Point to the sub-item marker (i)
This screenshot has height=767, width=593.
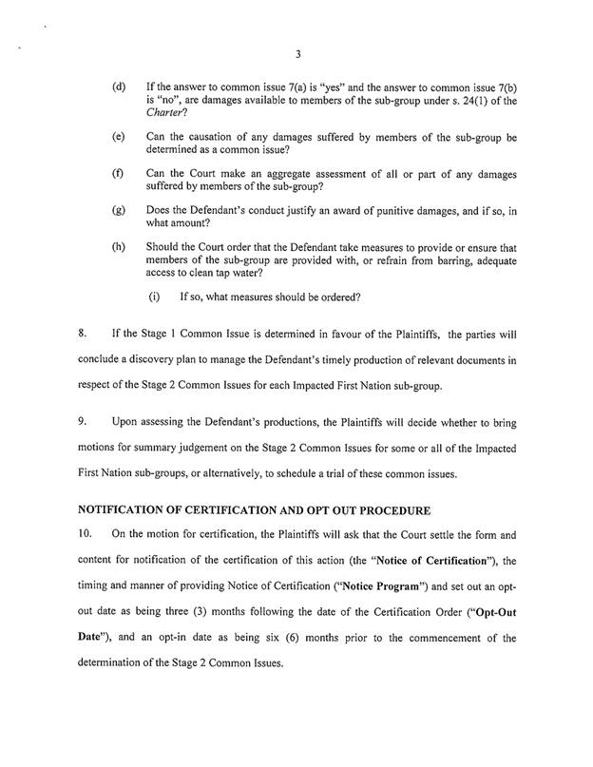click(x=153, y=297)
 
